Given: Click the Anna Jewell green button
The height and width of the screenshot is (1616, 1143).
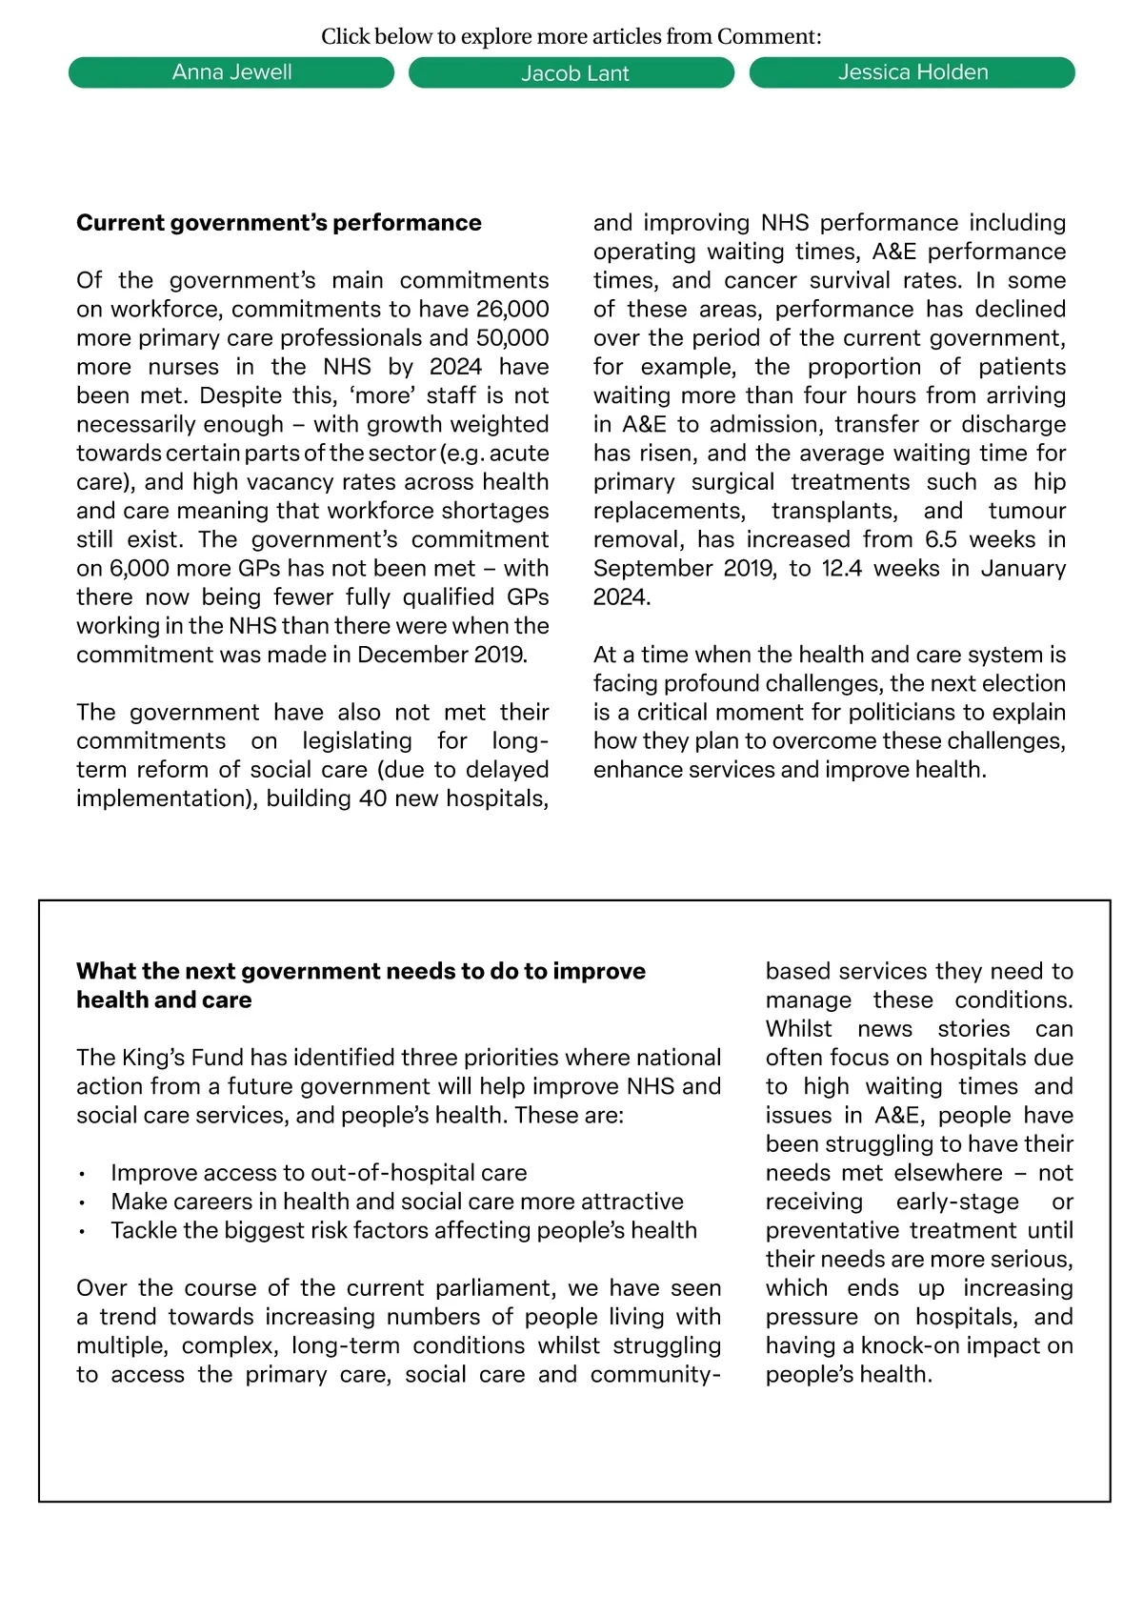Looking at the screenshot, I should (231, 72).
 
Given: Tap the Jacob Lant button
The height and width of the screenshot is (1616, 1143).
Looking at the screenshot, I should (571, 73).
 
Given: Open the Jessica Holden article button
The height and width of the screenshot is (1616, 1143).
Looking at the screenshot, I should (912, 72).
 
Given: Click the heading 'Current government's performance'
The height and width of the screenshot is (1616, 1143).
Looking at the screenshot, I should (279, 223).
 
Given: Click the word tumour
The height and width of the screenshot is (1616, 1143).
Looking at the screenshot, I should (1027, 511).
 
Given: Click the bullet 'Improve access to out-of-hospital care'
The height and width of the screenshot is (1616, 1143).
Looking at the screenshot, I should (318, 1173).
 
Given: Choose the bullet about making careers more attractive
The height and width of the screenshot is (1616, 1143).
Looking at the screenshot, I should (397, 1202).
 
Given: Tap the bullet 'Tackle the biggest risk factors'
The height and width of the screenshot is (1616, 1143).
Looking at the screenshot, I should (404, 1230).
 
